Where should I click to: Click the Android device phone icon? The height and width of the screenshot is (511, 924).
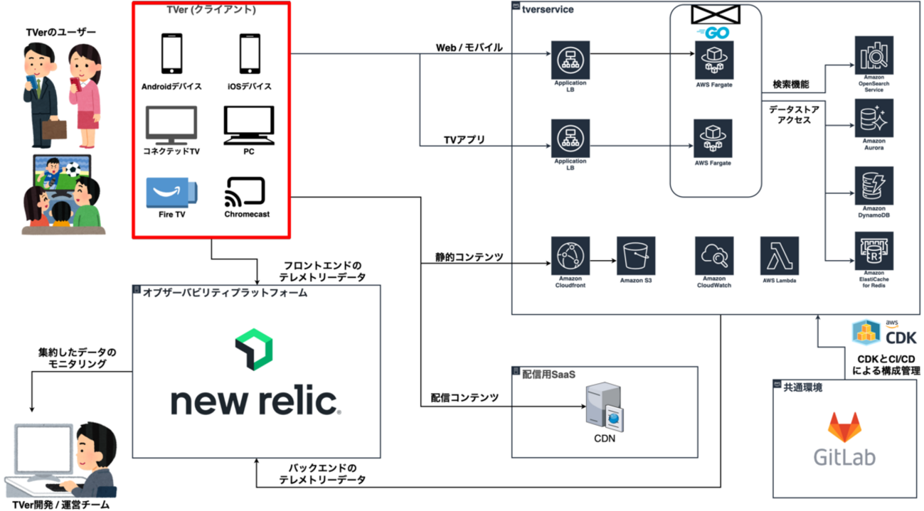[171, 55]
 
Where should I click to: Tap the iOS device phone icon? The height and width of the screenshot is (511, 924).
[248, 55]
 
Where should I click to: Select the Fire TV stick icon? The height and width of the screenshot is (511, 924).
[171, 191]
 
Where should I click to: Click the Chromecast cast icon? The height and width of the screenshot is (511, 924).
[245, 191]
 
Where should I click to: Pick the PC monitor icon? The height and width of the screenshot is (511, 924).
[248, 125]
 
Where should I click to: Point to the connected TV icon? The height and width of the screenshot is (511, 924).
[171, 125]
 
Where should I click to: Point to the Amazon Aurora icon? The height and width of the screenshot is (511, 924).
[873, 119]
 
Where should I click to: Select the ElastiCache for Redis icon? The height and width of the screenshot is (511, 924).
[873, 251]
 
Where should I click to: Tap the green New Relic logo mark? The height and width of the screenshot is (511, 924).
[254, 349]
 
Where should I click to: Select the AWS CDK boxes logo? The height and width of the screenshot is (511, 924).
[867, 332]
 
